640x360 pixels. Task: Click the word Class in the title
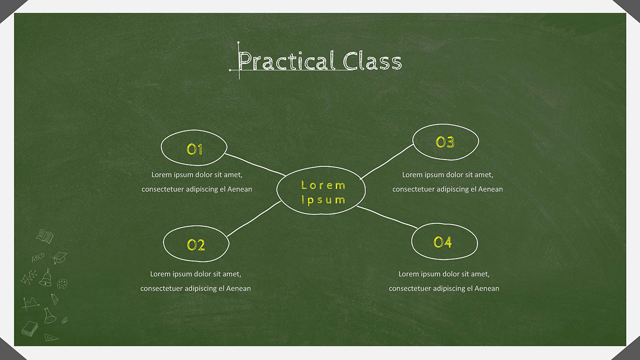click(x=372, y=61)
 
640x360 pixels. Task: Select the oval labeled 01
click(x=194, y=148)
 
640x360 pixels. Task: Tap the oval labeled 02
click(x=196, y=244)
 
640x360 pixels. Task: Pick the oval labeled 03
click(x=445, y=142)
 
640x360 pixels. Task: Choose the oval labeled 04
click(x=444, y=242)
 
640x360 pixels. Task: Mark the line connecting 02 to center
click(x=254, y=219)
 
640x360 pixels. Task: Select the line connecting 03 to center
click(x=387, y=160)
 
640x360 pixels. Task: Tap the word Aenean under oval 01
click(x=240, y=189)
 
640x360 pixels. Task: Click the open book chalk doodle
click(x=45, y=236)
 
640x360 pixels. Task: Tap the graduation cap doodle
click(x=60, y=257)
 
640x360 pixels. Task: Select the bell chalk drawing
click(x=46, y=277)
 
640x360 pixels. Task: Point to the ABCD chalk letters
click(x=37, y=258)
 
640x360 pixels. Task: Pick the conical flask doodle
click(x=49, y=314)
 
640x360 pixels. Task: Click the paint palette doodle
click(x=62, y=284)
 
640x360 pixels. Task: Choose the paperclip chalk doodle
click(x=64, y=319)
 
